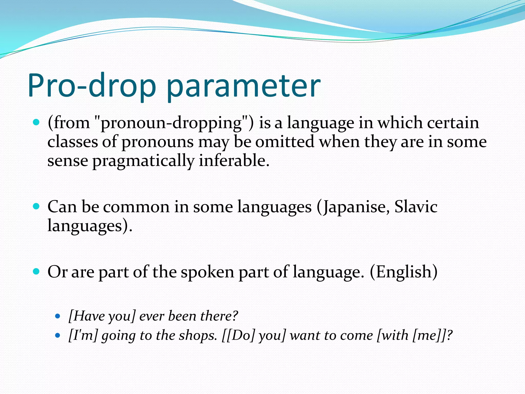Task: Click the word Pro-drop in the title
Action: (x=92, y=86)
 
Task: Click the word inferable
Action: (x=234, y=161)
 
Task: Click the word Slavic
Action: (x=416, y=207)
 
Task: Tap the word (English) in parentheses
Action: (x=403, y=272)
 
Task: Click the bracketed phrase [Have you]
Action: (x=102, y=316)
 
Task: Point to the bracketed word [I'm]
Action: (x=83, y=336)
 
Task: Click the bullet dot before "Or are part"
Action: (x=36, y=271)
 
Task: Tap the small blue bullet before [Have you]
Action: (x=58, y=316)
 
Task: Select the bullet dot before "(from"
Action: (x=36, y=122)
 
